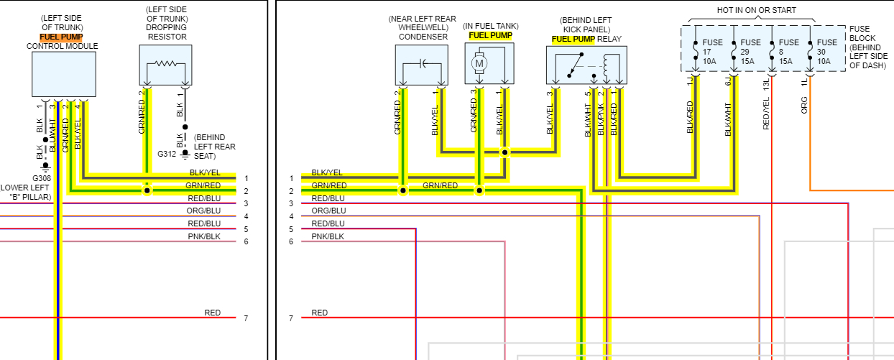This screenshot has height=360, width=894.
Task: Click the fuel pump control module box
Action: click(63, 73)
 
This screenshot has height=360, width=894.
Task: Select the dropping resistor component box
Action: click(166, 65)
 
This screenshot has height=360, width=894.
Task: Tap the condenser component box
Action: click(421, 65)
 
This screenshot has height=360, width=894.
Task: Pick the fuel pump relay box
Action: click(586, 65)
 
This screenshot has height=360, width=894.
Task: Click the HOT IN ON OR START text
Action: click(756, 11)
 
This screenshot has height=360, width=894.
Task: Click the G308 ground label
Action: click(42, 177)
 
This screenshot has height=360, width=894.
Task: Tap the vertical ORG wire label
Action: click(804, 105)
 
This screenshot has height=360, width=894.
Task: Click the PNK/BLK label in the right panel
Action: click(327, 236)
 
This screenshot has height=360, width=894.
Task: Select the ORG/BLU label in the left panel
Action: click(204, 211)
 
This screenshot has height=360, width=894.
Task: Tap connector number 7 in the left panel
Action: click(246, 318)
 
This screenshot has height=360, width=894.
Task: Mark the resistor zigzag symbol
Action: click(166, 63)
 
